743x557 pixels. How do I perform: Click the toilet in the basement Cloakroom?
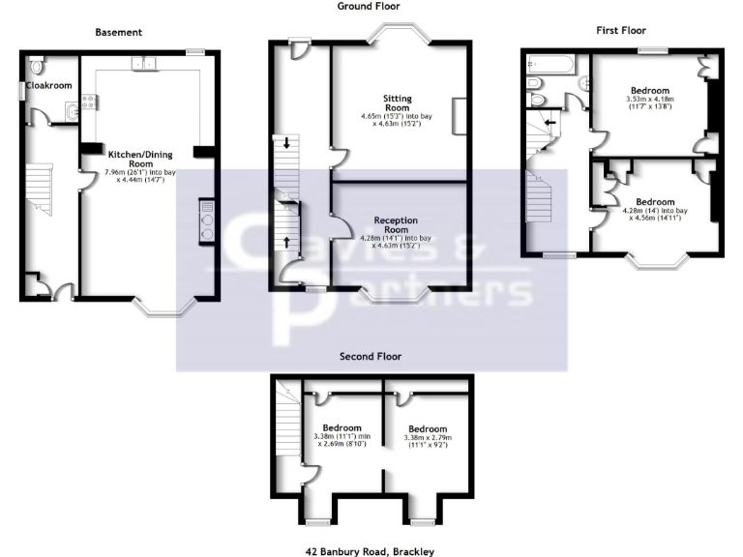pyautogui.click(x=36, y=68)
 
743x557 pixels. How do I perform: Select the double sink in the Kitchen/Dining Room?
pyautogui.click(x=143, y=63)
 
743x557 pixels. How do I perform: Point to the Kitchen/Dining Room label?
pyautogui.click(x=134, y=160)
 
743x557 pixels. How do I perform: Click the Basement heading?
pyautogui.click(x=118, y=32)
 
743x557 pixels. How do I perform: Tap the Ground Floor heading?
pyautogui.click(x=368, y=6)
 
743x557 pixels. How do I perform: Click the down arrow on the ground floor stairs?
pyautogui.click(x=287, y=143)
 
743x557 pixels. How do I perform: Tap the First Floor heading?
pyautogui.click(x=620, y=30)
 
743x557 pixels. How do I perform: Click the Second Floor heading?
pyautogui.click(x=370, y=356)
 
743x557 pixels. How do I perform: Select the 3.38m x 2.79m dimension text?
pyautogui.click(x=427, y=438)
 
